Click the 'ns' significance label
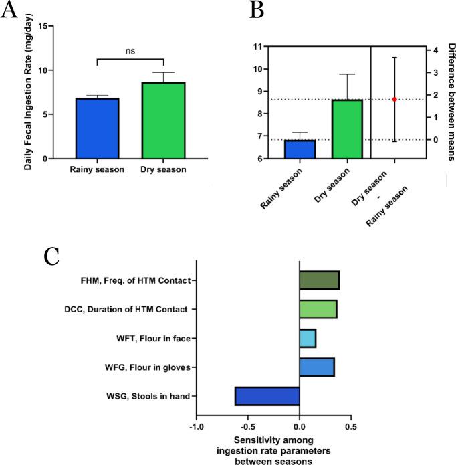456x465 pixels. pyautogui.click(x=130, y=48)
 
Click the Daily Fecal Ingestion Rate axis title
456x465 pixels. pyautogui.click(x=28, y=94)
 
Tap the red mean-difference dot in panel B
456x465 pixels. pyautogui.click(x=394, y=99)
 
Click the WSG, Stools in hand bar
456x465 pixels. pyautogui.click(x=267, y=397)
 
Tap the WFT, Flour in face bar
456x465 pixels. pyautogui.click(x=308, y=339)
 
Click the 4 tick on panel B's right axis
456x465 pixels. pyautogui.click(x=434, y=50)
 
